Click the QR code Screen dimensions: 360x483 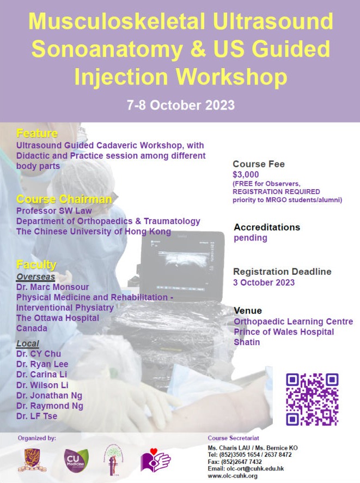tap(312, 400)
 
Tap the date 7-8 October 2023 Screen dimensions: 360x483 tap(181, 105)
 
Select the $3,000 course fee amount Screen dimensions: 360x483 tap(246, 174)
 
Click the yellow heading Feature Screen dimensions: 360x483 tap(37, 133)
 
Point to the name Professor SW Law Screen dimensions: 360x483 tap(54, 210)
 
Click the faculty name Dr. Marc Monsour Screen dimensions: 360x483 tap(53, 287)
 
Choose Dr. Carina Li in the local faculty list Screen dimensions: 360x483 tap(41, 375)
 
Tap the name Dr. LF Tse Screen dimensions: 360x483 tap(36, 416)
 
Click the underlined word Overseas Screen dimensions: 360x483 tap(36, 276)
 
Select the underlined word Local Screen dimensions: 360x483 tap(28, 343)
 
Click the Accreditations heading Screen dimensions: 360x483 tap(267, 227)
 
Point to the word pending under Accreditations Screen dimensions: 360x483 tap(251, 238)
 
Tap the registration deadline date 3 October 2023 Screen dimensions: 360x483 tap(264, 282)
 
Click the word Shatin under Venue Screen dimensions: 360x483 tap(247, 342)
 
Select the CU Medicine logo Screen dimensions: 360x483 tap(76, 461)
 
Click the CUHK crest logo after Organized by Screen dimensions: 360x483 tap(32, 460)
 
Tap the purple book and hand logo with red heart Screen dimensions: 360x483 tap(155, 460)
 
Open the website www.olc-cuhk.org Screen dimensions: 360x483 tap(233, 476)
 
